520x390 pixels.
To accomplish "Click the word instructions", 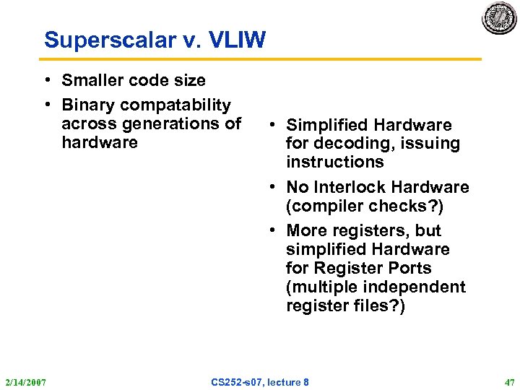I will pyautogui.click(x=334, y=162).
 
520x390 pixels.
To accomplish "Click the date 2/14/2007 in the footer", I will pyautogui.click(x=25, y=381).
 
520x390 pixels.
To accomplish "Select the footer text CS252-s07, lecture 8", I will pyautogui.click(x=260, y=381).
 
